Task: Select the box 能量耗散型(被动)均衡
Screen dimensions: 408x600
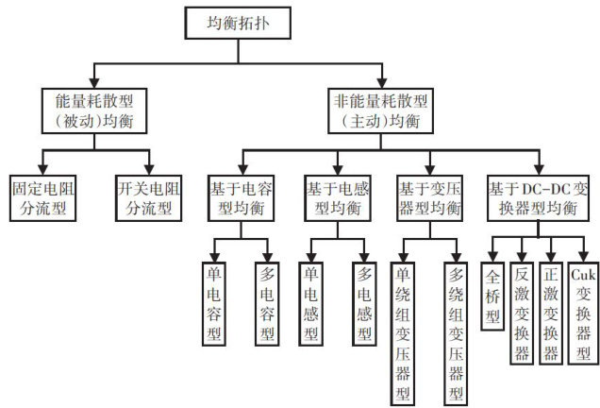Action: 92,110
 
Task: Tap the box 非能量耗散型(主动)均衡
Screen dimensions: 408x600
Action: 380,110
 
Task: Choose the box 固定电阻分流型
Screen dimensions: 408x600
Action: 42,193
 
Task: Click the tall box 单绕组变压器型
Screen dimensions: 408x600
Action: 403,331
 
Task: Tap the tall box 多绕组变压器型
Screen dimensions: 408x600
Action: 455,331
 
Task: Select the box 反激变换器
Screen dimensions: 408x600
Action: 521,312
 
